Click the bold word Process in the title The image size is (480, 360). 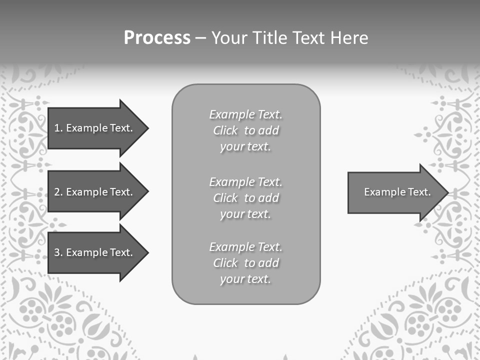click(157, 38)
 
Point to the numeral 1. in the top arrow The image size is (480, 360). click(58, 128)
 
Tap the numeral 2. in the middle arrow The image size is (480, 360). click(58, 192)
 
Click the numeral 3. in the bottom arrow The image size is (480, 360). click(58, 252)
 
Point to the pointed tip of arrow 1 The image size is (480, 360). click(147, 128)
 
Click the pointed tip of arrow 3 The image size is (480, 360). click(147, 252)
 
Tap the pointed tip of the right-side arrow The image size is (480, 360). click(447, 192)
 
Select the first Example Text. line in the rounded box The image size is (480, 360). click(245, 114)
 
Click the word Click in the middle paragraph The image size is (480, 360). click(225, 198)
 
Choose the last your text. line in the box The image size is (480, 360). click(245, 279)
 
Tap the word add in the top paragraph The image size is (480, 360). click(269, 130)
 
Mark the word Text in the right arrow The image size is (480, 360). click(419, 192)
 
